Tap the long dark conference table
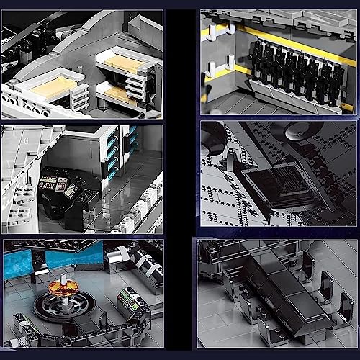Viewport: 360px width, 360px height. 274,288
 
